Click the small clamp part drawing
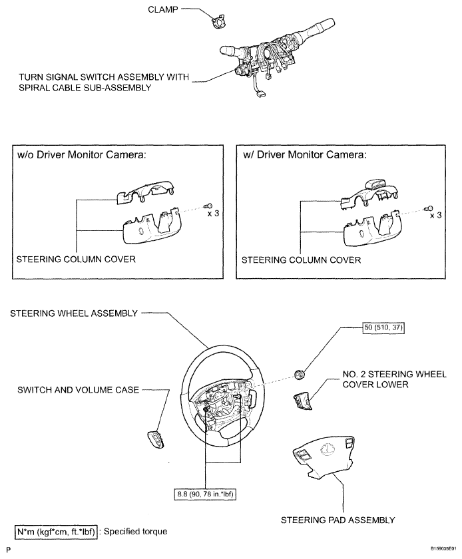click(x=217, y=23)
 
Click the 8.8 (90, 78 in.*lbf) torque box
click(x=207, y=494)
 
